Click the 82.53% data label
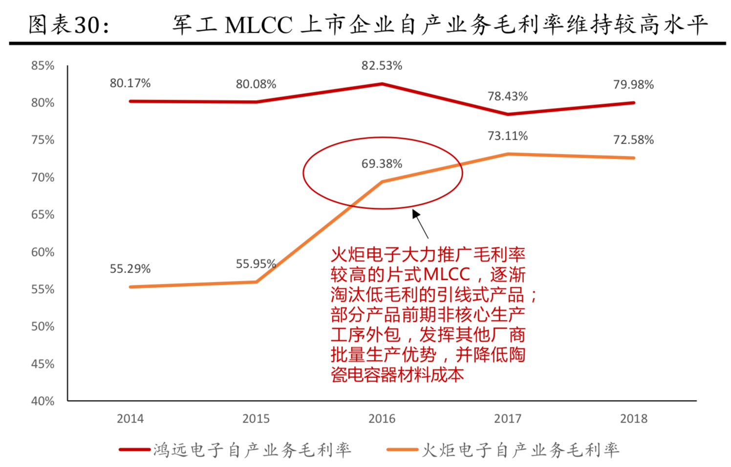382,65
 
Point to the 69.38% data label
382,164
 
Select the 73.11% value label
508,136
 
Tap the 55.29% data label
130,269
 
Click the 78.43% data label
508,96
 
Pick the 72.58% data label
633,140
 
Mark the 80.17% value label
130,83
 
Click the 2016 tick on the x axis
382,419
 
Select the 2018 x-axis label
633,419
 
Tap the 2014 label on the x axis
130,419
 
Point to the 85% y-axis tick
43,65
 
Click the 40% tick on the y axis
43,401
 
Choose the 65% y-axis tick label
43,214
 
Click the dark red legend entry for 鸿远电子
235,449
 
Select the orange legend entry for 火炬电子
503,449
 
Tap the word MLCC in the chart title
258,25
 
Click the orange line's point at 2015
256,282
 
